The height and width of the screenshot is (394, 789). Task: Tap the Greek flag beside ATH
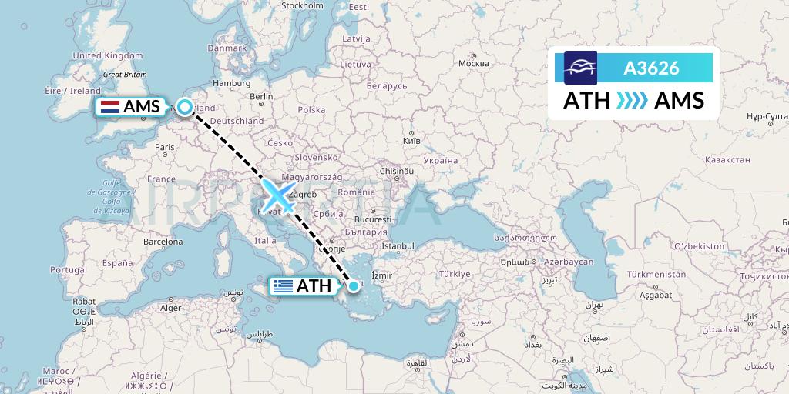pyautogui.click(x=284, y=286)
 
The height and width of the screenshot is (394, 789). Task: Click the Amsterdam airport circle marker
pyautogui.click(x=185, y=107)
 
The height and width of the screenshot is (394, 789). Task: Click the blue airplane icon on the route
pyautogui.click(x=278, y=195)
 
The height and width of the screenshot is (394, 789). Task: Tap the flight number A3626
pyautogui.click(x=651, y=68)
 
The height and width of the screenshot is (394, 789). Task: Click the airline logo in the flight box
pyautogui.click(x=580, y=68)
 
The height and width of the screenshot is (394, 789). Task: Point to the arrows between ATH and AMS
pyautogui.click(x=632, y=101)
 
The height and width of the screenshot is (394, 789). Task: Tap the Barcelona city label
pyautogui.click(x=163, y=241)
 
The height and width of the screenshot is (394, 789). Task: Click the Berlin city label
pyautogui.click(x=262, y=97)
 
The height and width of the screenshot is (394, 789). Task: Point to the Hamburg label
pyautogui.click(x=228, y=83)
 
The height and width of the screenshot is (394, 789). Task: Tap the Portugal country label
pyautogui.click(x=68, y=270)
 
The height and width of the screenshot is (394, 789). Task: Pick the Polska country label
pyautogui.click(x=311, y=110)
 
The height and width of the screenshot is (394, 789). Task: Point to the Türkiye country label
pyautogui.click(x=455, y=275)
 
